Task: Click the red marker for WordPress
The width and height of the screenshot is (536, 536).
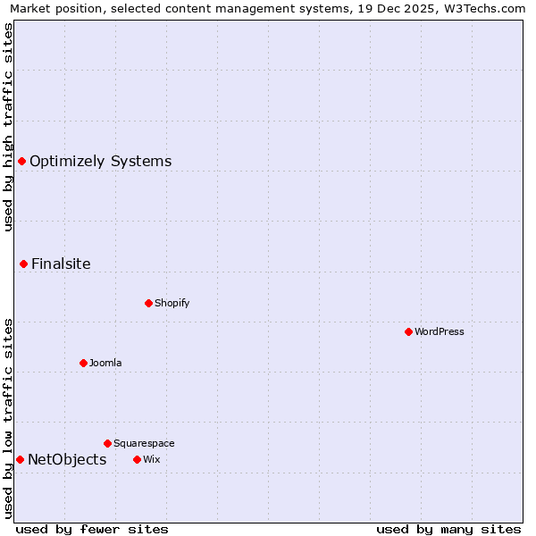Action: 408,331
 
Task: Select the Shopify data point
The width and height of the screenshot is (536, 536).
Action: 148,303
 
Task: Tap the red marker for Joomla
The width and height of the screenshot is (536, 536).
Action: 83,363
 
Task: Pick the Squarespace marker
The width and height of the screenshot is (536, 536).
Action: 107,443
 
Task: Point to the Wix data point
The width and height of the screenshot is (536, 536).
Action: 137,459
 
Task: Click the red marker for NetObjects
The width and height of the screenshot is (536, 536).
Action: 20,459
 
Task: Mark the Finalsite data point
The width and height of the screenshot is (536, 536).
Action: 23,264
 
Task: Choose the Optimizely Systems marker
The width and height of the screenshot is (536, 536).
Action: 21,161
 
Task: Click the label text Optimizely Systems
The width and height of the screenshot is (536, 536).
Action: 100,162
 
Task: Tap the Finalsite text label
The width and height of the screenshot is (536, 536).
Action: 61,264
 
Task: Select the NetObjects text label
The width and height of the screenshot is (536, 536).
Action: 67,460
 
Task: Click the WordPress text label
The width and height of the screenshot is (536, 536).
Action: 440,331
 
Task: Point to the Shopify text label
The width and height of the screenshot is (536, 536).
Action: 172,303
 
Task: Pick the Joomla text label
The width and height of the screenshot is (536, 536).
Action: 105,363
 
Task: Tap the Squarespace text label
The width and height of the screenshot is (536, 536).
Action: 144,443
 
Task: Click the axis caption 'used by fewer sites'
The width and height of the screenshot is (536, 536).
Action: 92,529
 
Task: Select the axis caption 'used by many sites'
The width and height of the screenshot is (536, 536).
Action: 448,529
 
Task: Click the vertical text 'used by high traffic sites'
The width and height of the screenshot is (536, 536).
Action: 8,127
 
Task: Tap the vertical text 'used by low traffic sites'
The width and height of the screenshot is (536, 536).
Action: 8,417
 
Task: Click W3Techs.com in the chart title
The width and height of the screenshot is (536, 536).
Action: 482,9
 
